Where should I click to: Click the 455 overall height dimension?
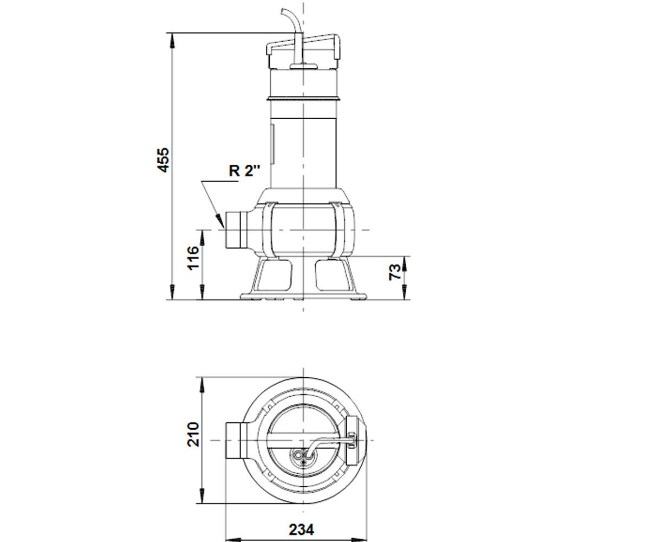(x=163, y=160)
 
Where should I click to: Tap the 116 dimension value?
(x=193, y=258)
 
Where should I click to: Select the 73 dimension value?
(x=395, y=272)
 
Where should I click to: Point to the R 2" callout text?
(x=244, y=171)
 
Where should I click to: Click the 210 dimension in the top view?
(x=193, y=435)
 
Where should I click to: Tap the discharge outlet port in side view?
(x=236, y=230)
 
